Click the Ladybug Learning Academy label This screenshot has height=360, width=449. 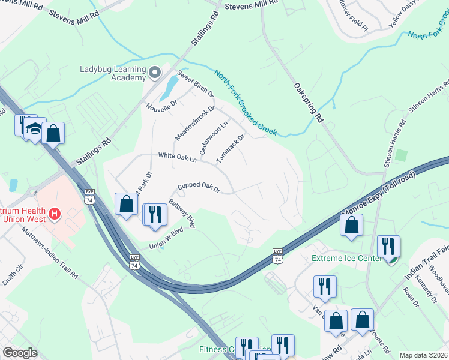click(x=113, y=73)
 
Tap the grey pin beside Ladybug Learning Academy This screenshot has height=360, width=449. click(x=155, y=73)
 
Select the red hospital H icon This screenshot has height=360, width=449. click(x=55, y=214)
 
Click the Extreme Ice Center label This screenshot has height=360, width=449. click(x=346, y=259)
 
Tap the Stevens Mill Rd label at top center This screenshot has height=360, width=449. click(x=252, y=5)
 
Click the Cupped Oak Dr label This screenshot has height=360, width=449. click(x=199, y=188)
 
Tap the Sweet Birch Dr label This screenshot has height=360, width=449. click(x=195, y=86)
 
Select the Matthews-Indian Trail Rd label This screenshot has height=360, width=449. click(x=50, y=252)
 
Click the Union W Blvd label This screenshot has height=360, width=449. click(x=166, y=239)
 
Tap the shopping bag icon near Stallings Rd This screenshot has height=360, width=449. click(x=53, y=133)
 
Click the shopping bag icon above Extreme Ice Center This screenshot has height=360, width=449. click(x=351, y=225)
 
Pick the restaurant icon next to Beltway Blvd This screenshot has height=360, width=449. click(x=155, y=214)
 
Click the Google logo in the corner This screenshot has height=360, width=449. click(x=20, y=353)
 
